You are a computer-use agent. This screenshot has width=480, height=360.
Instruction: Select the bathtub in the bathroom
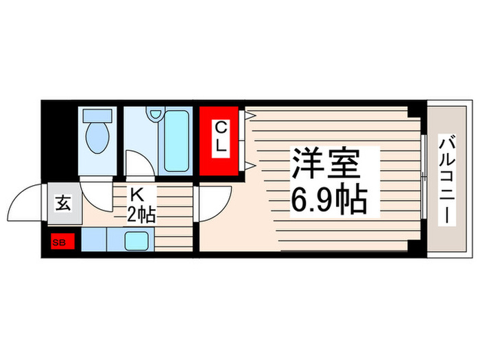click(x=176, y=141)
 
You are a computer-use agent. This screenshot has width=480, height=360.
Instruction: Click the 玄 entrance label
click(x=62, y=204)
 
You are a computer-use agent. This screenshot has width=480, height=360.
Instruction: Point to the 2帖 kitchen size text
click(x=141, y=215)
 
